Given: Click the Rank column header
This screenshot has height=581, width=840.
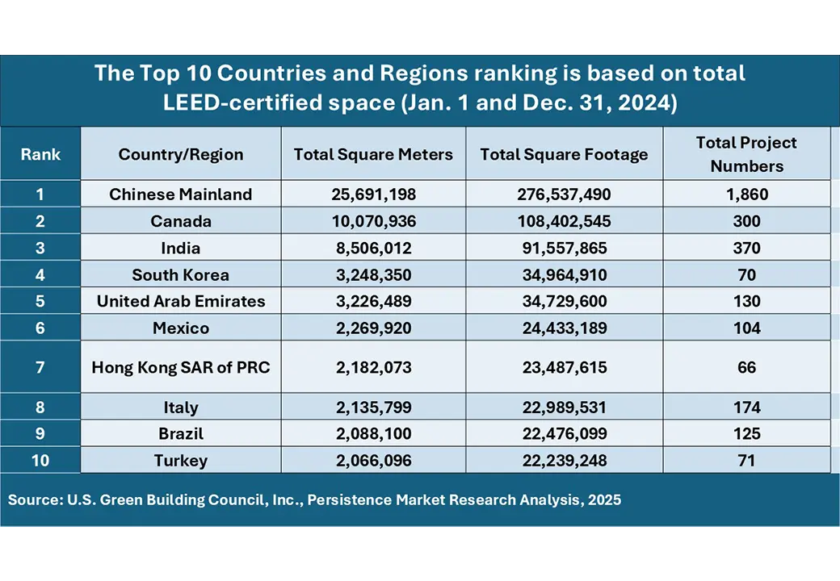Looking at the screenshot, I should [x=40, y=154].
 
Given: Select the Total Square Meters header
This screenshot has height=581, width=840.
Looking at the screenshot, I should [x=373, y=155].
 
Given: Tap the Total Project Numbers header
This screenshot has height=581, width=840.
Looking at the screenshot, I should [x=746, y=154].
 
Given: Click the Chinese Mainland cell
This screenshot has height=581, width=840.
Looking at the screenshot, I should [x=181, y=194].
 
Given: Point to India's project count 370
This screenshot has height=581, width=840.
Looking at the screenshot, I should [x=746, y=248].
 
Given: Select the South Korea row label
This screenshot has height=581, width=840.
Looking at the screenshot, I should [x=181, y=274].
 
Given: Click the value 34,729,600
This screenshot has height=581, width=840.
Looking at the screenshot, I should [x=564, y=301].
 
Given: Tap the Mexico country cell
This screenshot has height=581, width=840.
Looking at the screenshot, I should [x=181, y=328].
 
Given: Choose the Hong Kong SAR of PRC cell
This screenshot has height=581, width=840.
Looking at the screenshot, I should [x=181, y=367].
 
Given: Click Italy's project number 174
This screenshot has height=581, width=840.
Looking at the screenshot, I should [x=746, y=407].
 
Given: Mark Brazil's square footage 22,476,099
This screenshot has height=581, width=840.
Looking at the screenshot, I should [x=564, y=433].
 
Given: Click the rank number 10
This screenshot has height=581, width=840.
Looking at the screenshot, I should [x=40, y=461].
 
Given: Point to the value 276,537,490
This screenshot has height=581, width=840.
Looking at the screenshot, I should [x=564, y=194].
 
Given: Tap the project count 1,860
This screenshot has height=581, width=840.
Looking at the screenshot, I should [x=746, y=194].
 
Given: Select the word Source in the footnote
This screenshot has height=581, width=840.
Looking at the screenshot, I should [x=30, y=499].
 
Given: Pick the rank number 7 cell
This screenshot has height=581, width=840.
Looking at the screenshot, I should [x=40, y=367].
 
